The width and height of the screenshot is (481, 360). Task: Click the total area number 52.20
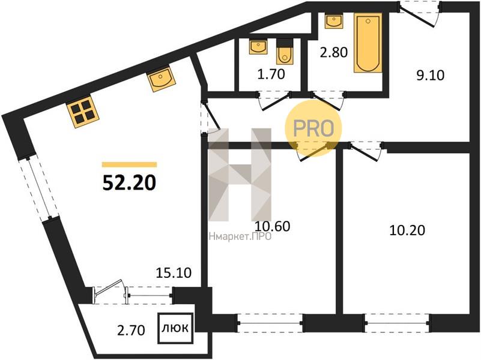[129, 183]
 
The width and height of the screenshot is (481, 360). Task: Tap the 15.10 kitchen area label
[174, 272]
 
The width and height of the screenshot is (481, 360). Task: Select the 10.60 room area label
[273, 226]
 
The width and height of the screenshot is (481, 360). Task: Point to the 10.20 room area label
[407, 230]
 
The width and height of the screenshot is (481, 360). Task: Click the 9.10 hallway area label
[431, 75]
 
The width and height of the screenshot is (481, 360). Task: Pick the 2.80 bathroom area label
[334, 52]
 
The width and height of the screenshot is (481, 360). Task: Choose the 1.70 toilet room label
[271, 74]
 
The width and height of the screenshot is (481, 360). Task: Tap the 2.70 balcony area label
[131, 331]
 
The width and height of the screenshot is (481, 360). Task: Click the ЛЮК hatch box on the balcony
[175, 328]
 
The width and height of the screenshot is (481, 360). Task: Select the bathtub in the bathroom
[368, 43]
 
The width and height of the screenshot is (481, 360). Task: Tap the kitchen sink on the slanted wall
[161, 79]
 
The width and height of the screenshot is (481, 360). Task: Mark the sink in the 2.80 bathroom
[334, 21]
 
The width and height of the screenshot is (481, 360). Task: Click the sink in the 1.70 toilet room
[258, 47]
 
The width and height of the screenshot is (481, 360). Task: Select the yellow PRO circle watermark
[313, 128]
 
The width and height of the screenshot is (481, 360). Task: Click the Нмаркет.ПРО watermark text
[240, 236]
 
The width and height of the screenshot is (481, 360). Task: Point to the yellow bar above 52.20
[129, 165]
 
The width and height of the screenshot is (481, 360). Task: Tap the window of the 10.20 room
[397, 323]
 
